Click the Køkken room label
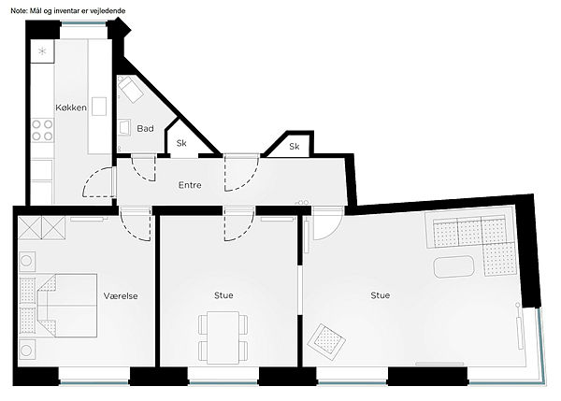(71, 107)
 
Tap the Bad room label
(145, 128)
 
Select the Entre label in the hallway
(190, 185)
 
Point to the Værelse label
(121, 295)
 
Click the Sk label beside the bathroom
(181, 143)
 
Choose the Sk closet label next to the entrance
(295, 147)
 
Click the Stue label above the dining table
(223, 295)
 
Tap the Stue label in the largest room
(380, 295)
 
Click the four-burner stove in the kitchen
(42, 130)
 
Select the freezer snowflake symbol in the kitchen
(42, 51)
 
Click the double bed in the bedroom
(67, 306)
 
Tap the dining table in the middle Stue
(223, 337)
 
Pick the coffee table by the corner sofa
(453, 266)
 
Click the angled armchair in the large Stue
(326, 342)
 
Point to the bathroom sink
(124, 128)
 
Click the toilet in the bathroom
(131, 89)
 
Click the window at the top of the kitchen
(84, 24)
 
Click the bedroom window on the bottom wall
(94, 382)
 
